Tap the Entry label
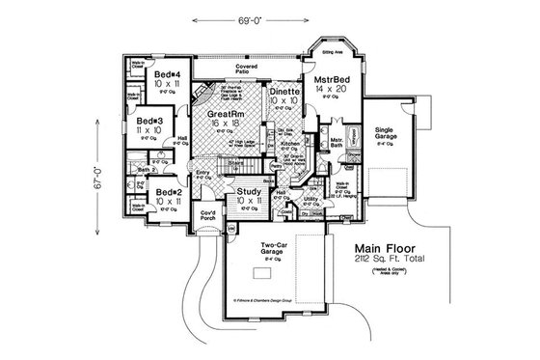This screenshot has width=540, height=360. pyautogui.click(x=202, y=174)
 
